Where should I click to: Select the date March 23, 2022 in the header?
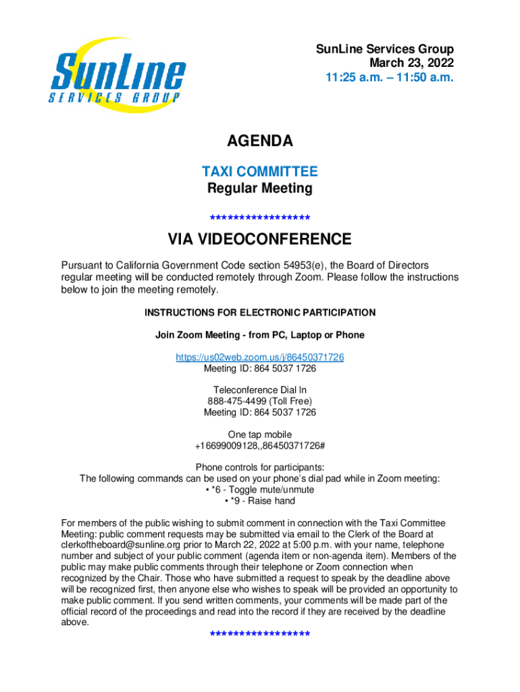tap(411, 64)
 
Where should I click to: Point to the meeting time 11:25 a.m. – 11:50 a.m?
tap(390, 78)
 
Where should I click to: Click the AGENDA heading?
tap(260, 141)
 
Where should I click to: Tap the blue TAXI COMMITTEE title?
tap(260, 172)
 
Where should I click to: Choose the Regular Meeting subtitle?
tap(260, 189)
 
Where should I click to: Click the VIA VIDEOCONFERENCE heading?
tap(260, 239)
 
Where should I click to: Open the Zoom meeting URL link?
tap(260, 357)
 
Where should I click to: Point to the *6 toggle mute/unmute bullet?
tap(260, 490)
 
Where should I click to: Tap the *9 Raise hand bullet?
tap(260, 501)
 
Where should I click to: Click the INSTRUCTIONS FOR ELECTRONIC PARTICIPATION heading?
tap(260, 313)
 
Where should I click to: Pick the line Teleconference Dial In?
tap(260, 390)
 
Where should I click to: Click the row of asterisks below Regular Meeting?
tap(260, 218)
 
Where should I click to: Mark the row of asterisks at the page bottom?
tap(260, 634)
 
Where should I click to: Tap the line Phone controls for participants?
tap(260, 468)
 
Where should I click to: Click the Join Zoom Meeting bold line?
tap(260, 335)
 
